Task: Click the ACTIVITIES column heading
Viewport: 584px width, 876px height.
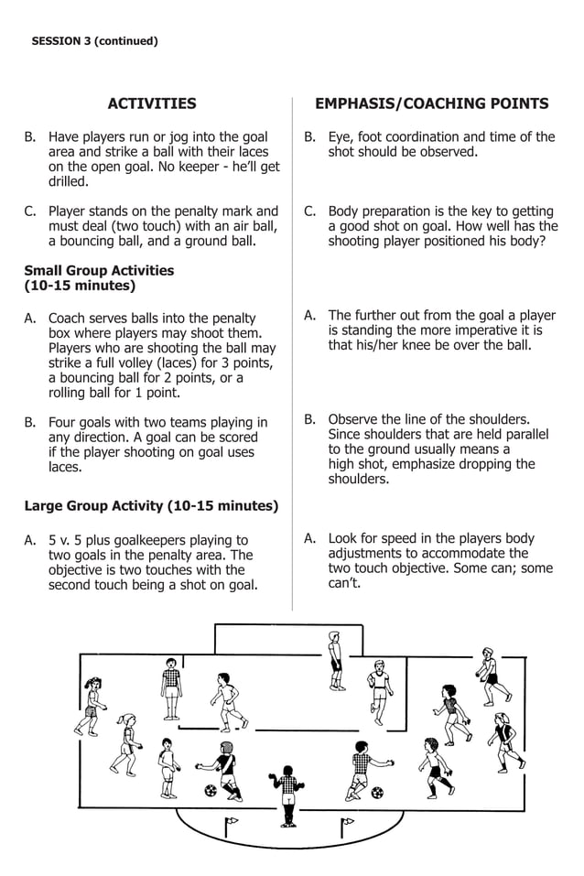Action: coord(152,103)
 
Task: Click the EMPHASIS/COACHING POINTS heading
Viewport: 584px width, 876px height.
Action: coord(431,103)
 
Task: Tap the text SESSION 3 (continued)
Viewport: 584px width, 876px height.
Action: coord(94,41)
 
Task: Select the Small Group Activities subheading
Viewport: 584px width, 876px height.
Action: coord(99,270)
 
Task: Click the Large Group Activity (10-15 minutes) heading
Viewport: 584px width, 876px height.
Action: coord(151,505)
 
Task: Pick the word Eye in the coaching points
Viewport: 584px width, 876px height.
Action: coord(340,137)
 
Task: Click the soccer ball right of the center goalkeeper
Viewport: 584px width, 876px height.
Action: coord(377,792)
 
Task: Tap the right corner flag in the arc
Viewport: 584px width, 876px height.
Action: coord(346,826)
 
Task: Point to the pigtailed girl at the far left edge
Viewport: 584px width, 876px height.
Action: coord(91,706)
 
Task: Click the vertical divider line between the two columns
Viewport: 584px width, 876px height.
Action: coord(292,348)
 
